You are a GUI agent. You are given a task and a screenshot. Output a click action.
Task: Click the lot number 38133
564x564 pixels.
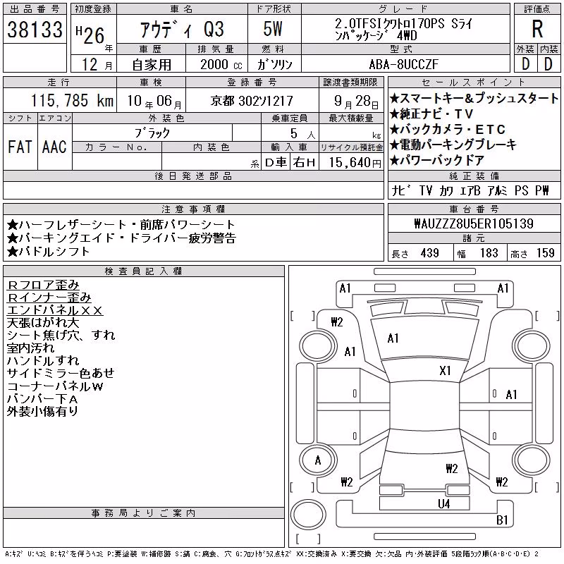[35, 30]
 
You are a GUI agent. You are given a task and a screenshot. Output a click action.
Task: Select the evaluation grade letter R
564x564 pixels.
[537, 29]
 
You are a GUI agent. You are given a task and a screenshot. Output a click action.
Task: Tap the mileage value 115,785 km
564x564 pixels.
[72, 100]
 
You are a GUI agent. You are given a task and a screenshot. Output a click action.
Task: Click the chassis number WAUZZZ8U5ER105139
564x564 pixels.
[474, 223]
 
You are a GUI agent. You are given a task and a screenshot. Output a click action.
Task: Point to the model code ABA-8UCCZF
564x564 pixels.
[403, 64]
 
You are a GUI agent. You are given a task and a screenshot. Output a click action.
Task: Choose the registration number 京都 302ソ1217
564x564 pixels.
[252, 101]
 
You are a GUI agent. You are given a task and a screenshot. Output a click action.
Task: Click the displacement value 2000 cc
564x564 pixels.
[221, 64]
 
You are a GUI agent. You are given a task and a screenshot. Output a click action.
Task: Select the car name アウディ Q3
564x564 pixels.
[182, 30]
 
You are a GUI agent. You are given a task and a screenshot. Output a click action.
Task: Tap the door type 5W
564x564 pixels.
[273, 29]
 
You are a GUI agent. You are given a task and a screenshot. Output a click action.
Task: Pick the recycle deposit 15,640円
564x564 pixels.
[355, 163]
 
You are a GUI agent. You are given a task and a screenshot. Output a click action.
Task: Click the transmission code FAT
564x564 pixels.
[20, 147]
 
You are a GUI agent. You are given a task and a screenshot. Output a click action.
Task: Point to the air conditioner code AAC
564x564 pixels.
[54, 147]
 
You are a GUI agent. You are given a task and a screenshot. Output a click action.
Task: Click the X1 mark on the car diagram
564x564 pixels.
[445, 371]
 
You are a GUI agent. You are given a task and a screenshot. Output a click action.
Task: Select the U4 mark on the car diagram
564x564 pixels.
[444, 503]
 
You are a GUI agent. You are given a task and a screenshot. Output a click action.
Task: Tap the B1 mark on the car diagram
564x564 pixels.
[502, 520]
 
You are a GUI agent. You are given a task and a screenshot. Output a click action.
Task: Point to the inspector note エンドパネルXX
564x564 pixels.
[55, 310]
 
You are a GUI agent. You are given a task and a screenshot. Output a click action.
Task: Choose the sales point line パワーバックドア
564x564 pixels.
[437, 160]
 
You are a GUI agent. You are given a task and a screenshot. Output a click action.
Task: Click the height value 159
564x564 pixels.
[545, 253]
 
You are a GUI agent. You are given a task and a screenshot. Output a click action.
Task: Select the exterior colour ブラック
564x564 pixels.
[152, 133]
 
